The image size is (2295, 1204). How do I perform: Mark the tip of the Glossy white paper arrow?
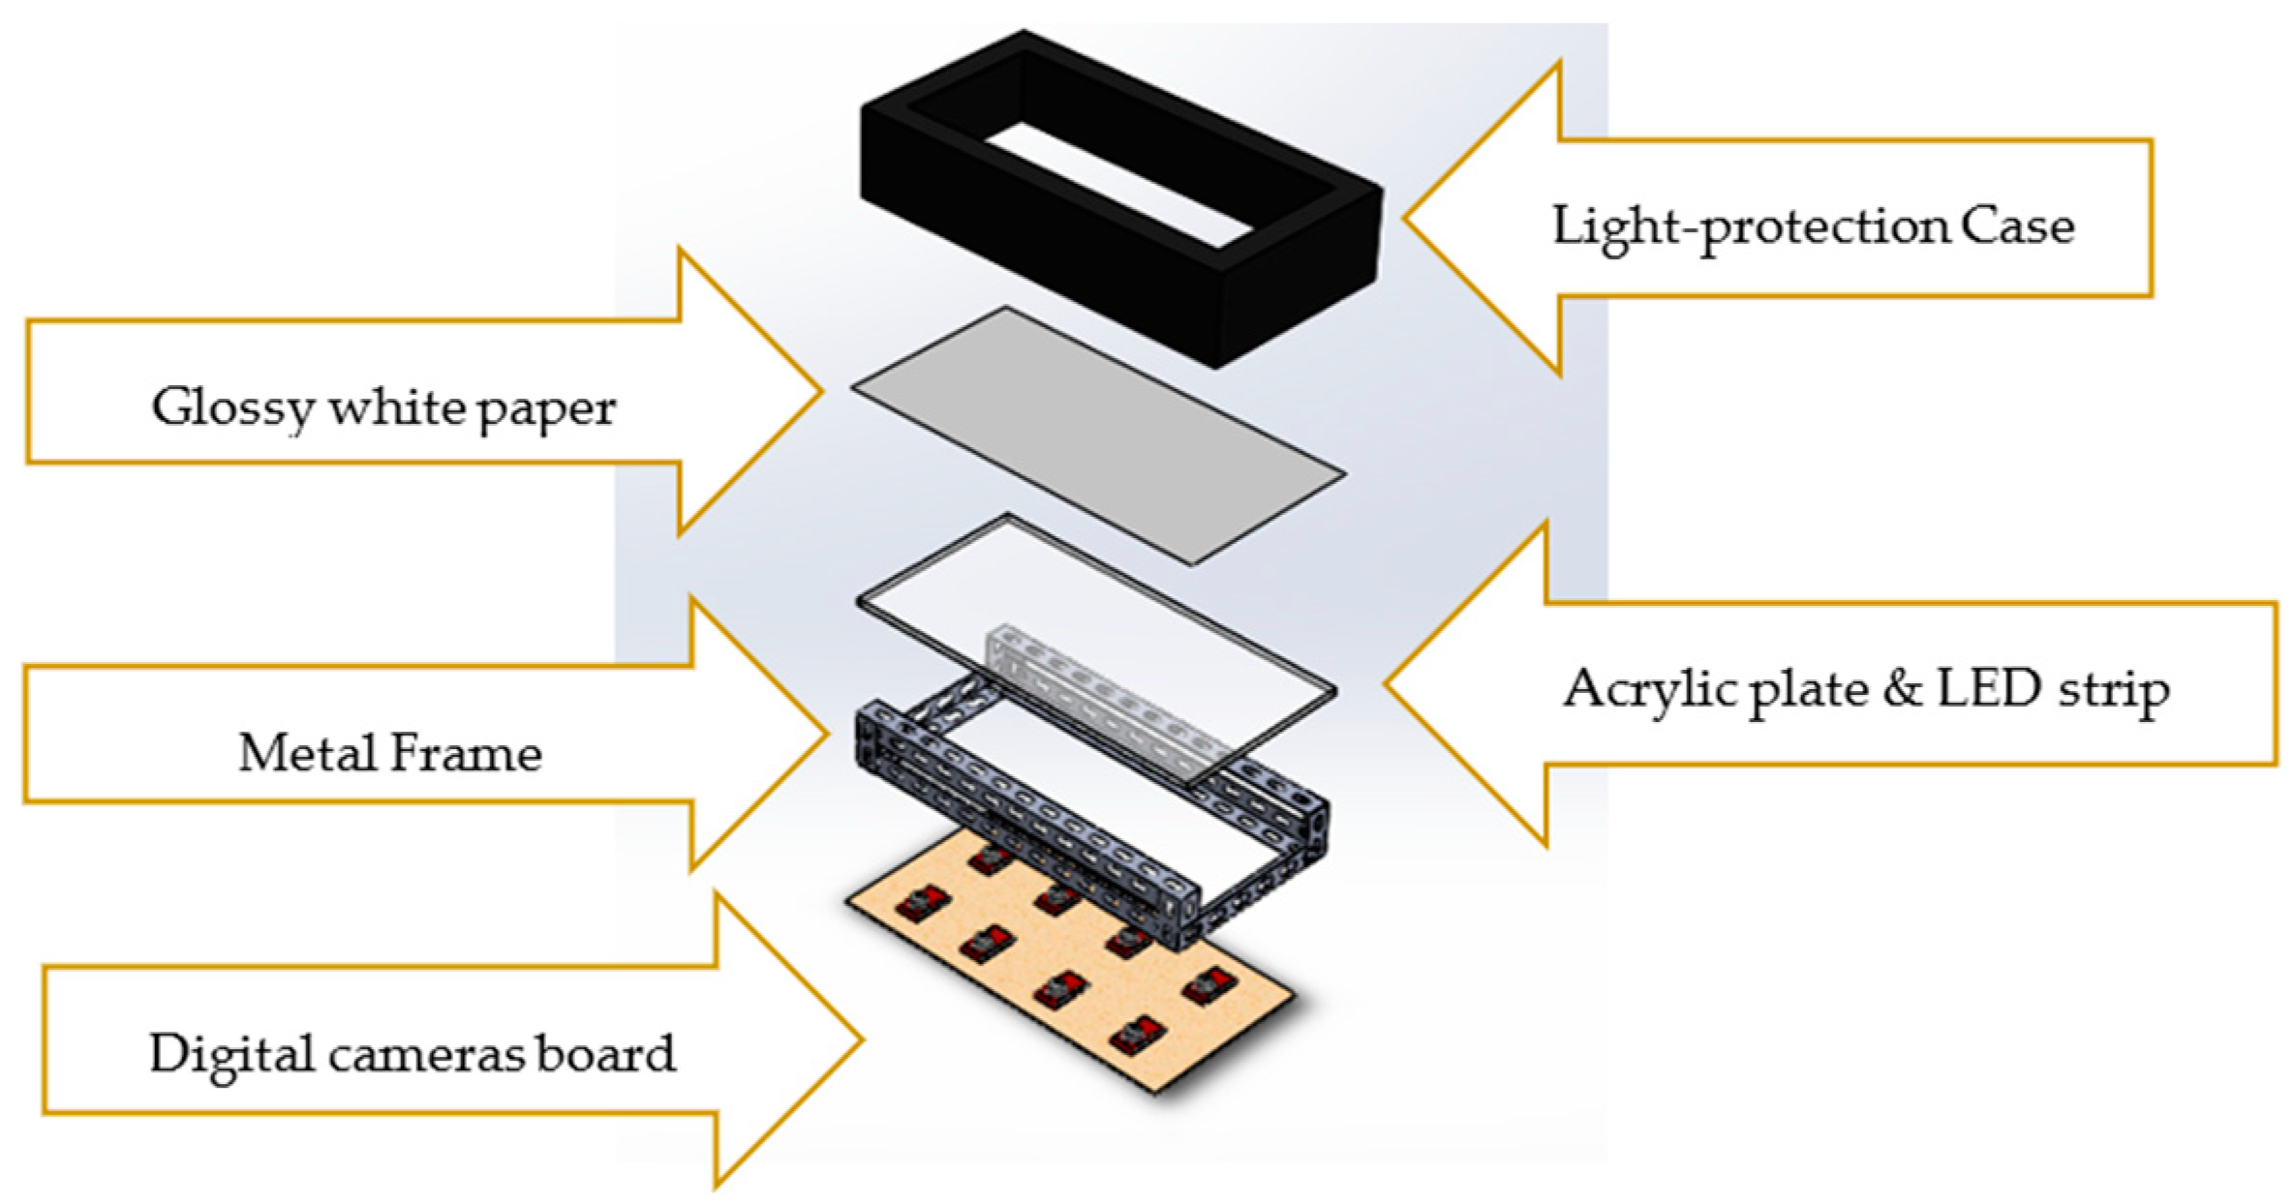820,391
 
